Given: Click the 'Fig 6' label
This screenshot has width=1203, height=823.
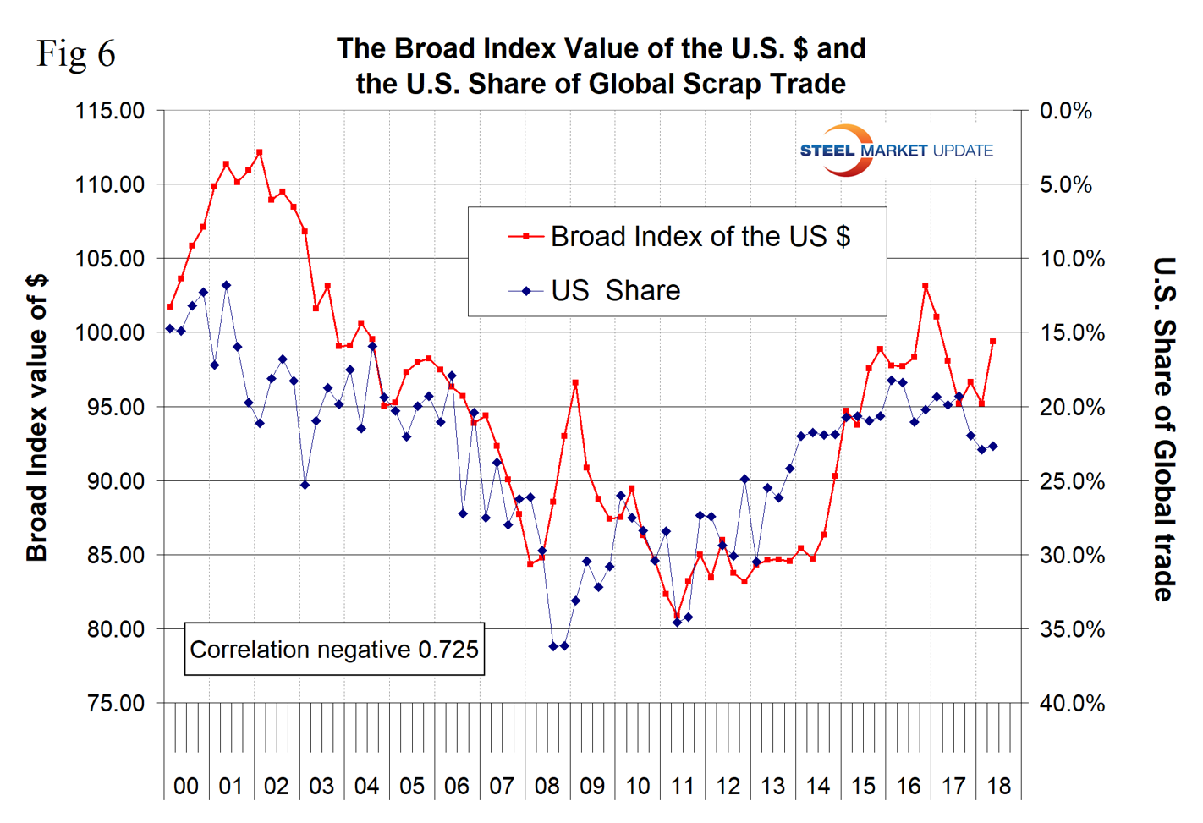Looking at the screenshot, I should coord(76,54).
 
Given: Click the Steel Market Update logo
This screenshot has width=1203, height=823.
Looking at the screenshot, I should coord(895,151).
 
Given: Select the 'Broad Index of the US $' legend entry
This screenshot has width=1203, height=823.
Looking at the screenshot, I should coord(699,237).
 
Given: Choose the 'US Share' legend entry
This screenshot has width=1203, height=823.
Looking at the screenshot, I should coord(615,291).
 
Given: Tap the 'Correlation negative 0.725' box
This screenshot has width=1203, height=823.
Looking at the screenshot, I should coord(334,650).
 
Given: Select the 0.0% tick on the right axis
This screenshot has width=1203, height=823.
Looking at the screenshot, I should coord(1065,111).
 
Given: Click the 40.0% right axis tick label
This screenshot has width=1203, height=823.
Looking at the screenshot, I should coord(1071,703).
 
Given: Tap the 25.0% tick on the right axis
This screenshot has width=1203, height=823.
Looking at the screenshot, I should coord(1071,481).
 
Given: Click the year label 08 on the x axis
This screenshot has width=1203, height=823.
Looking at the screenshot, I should coord(547,787).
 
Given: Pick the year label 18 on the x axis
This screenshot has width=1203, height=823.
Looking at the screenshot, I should coord(998,787).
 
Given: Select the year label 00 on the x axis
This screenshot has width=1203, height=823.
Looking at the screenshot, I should coord(186,787).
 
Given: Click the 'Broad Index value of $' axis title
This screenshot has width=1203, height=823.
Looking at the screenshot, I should coord(37,418).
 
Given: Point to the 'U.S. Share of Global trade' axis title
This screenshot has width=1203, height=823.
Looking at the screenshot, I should coord(1165,429).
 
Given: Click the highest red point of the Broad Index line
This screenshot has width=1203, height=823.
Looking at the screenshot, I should coord(260,152).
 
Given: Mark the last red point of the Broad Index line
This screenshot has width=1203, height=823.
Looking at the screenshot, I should coord(993,342).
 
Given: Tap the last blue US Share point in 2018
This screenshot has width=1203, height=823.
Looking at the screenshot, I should coord(993,446).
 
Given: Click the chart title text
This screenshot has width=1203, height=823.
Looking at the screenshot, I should coord(601,66).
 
